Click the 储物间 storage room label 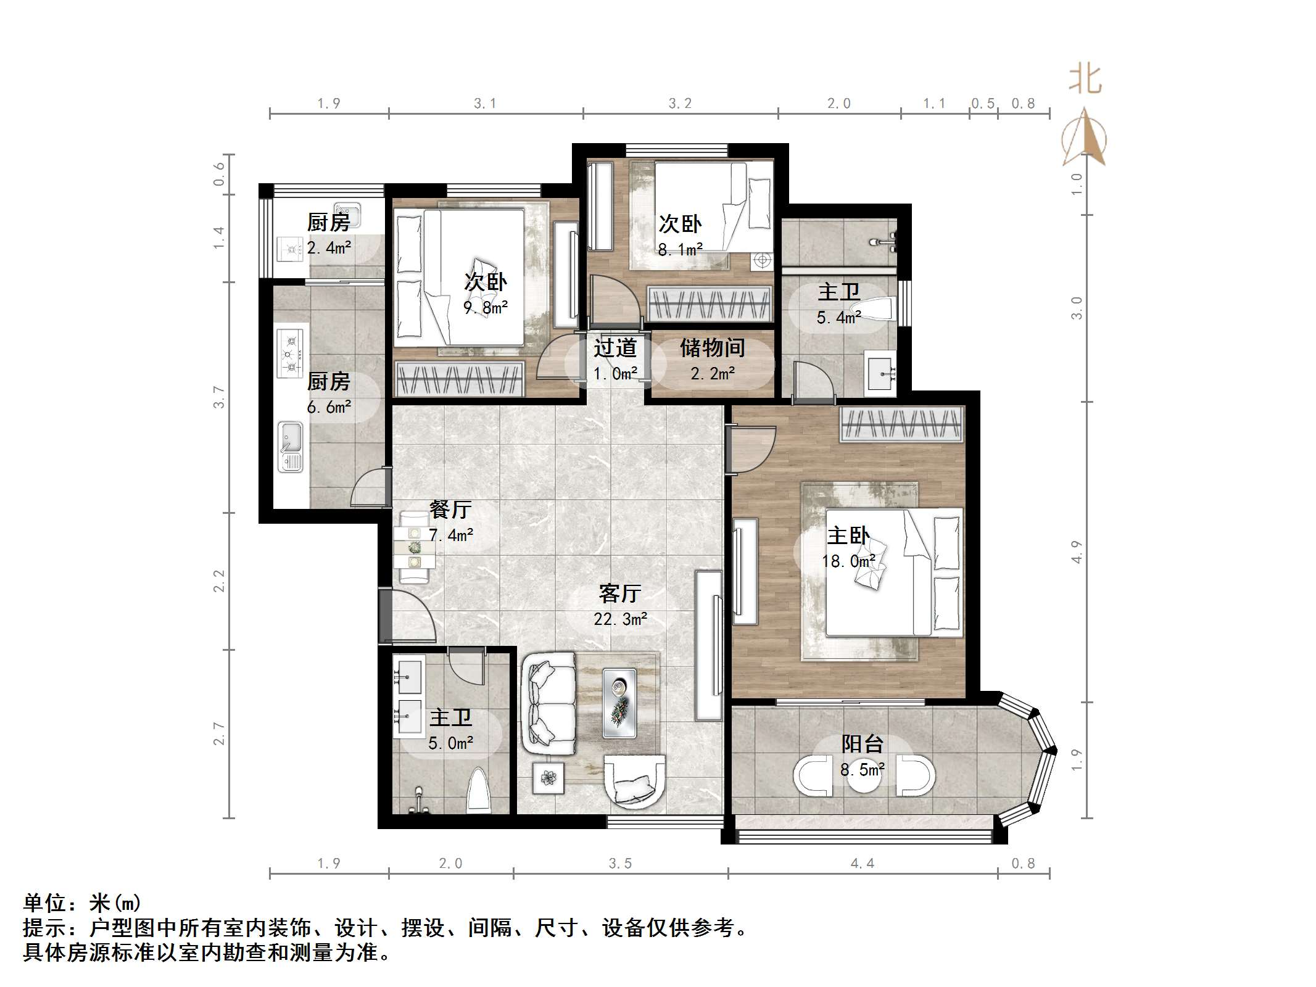(x=712, y=348)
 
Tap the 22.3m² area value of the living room (x=620, y=619)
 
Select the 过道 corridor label (x=615, y=348)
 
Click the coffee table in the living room (x=619, y=703)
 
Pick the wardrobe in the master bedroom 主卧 (x=901, y=424)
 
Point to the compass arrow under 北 (x=1084, y=139)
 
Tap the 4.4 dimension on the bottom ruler (x=862, y=863)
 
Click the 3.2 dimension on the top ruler (x=680, y=103)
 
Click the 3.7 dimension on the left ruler (x=219, y=397)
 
